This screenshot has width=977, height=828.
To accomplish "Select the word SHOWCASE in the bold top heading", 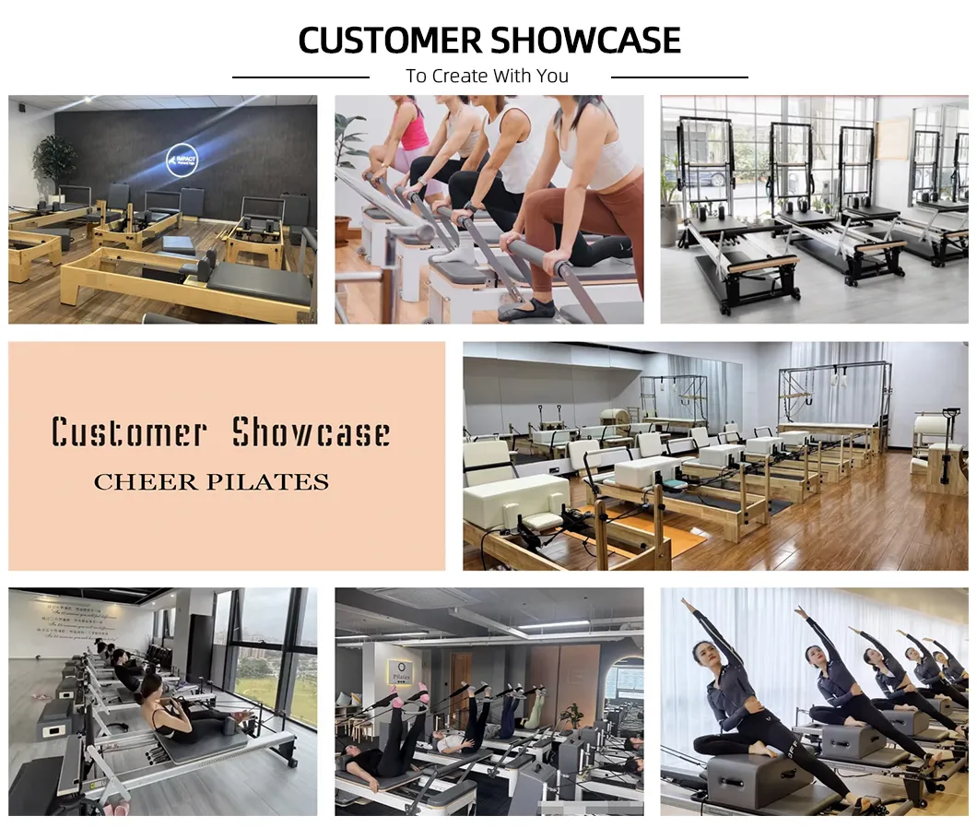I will [586, 41].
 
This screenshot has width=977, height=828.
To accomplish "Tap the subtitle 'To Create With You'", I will [488, 77].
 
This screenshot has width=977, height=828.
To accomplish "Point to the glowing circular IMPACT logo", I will [182, 160].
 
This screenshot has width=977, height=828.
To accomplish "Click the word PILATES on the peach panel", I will [279, 481].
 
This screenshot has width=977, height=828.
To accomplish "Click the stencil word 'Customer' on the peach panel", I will [128, 432].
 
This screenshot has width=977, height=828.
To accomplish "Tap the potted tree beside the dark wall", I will [55, 161].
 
